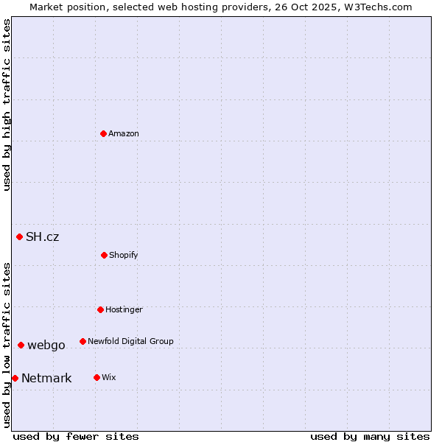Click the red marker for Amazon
104,133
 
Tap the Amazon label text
124,134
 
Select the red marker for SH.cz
20,236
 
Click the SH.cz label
42,237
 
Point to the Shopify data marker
104,255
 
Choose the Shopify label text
124,256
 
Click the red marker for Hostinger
100,309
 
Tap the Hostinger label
124,310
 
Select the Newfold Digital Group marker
83,341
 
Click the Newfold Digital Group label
130,342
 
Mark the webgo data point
21,345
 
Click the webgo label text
46,345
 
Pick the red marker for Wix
97,377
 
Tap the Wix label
109,378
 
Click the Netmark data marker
15,378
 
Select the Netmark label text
46,379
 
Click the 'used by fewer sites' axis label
76,437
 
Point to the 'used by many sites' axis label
370,437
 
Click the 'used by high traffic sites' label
7,105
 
